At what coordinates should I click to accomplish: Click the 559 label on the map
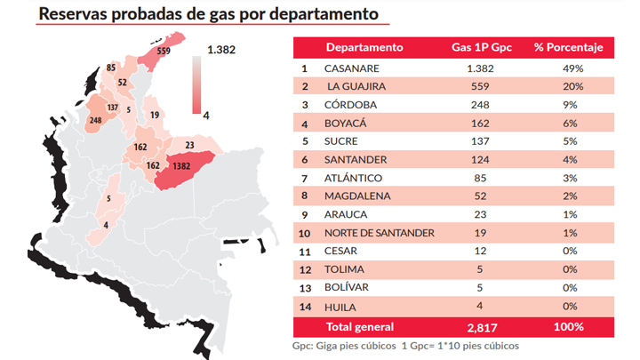click(x=164, y=52)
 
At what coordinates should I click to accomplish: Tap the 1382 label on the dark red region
click(x=181, y=165)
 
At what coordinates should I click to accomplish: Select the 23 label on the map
click(x=189, y=144)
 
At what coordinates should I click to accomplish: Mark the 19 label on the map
click(x=155, y=115)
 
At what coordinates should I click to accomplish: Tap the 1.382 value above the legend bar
click(x=220, y=50)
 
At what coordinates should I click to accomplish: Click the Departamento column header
click(x=364, y=47)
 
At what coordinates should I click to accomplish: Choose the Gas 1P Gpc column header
click(x=479, y=47)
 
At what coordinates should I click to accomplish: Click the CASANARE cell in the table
click(x=351, y=68)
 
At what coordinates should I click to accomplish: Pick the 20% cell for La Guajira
click(x=572, y=86)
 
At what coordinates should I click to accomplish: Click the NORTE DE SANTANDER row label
click(x=380, y=233)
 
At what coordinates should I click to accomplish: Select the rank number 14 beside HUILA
click(x=304, y=307)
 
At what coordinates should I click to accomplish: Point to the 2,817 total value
click(x=478, y=326)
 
